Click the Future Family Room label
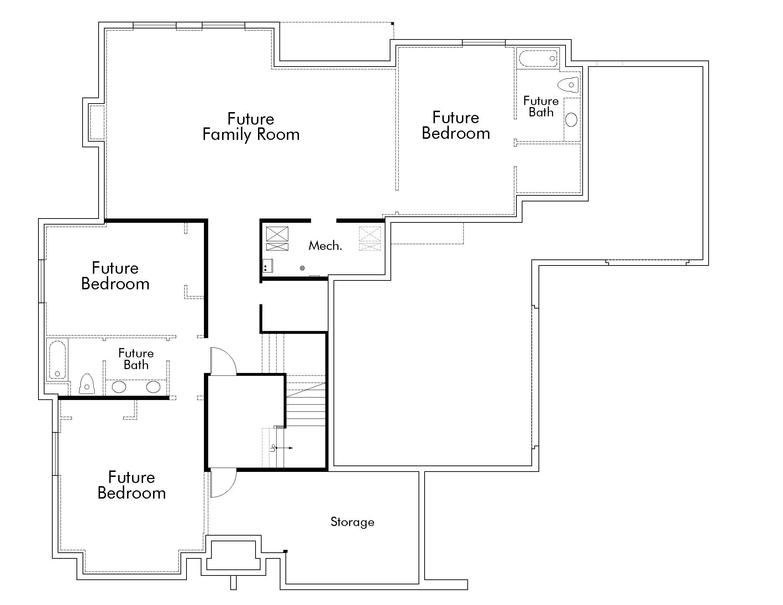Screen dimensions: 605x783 coord(251,127)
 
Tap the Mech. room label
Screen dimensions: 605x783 coord(325,246)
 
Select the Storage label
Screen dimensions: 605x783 coord(352,522)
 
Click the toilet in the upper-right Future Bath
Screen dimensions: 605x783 coord(569,85)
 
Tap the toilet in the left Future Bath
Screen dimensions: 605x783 coord(86,384)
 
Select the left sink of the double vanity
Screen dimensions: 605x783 coord(119,387)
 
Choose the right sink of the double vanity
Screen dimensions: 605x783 coord(153,387)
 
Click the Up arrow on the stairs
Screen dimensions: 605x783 coord(283,448)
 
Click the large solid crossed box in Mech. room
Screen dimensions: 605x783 coord(277,234)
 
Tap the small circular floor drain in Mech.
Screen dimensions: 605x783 coord(302,268)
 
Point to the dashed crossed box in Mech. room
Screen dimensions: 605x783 coord(370,234)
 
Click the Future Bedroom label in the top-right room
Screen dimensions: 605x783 coord(456,125)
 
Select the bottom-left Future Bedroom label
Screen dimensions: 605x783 coord(132,485)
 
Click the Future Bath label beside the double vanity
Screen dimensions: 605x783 coord(136,359)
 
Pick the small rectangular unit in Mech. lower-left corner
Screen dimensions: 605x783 coord(268,266)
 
